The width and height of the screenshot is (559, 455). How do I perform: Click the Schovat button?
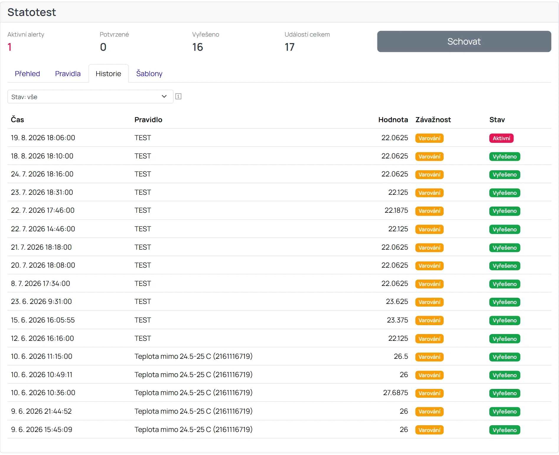[464, 41]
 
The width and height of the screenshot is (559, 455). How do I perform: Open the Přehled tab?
[27, 73]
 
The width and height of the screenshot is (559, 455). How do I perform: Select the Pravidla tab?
[68, 73]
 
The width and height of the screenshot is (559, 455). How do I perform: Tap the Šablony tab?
[149, 73]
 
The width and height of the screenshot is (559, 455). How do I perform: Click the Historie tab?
[108, 73]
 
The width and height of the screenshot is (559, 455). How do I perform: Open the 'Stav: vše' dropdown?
[90, 96]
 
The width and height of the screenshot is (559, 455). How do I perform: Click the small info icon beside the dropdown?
[178, 96]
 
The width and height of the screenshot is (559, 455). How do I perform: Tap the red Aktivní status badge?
[501, 138]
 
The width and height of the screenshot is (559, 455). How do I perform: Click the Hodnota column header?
[393, 120]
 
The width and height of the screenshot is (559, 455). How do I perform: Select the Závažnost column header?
[433, 120]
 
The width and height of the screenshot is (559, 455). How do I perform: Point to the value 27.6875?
[395, 393]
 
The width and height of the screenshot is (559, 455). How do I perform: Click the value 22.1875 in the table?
[396, 210]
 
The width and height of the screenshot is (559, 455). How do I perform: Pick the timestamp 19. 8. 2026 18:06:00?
[43, 138]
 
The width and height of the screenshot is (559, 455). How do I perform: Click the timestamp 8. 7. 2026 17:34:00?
[40, 284]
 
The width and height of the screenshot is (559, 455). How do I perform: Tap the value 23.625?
[397, 302]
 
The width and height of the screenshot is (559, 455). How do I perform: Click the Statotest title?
[32, 12]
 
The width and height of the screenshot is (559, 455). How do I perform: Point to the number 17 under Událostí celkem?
[290, 47]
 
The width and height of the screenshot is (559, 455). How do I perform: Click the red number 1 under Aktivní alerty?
[10, 47]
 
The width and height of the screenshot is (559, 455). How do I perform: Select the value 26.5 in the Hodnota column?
[401, 356]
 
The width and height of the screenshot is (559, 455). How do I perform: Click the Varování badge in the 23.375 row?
[429, 320]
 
